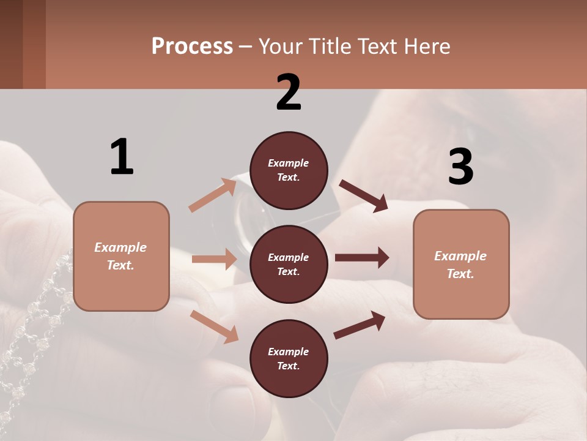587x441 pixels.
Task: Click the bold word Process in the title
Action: [192, 46]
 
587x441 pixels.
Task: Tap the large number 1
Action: [122, 157]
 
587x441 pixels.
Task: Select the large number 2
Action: [289, 92]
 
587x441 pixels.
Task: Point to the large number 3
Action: [460, 167]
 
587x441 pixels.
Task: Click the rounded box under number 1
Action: [121, 256]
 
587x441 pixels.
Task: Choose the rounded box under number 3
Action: [461, 265]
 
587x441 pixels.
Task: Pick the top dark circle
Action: [289, 170]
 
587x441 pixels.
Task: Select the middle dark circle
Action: [289, 265]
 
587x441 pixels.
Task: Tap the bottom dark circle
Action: [289, 359]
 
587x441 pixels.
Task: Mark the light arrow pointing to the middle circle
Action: [214, 259]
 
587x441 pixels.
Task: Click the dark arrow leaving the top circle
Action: [364, 195]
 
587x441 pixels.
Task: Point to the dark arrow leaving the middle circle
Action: [362, 258]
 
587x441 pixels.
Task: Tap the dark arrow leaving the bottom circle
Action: [360, 325]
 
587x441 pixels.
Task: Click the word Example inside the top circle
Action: [289, 163]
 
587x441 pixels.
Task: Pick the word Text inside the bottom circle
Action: [287, 366]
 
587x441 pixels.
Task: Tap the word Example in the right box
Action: [460, 256]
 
